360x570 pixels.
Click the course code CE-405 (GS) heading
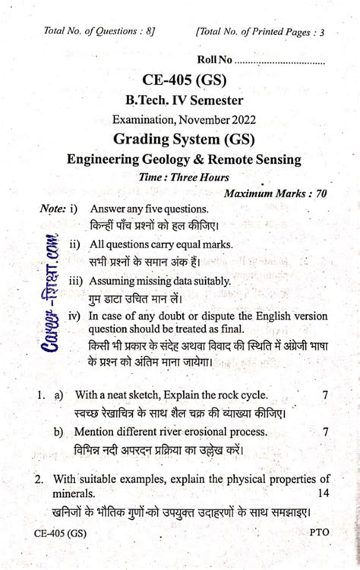tap(185, 80)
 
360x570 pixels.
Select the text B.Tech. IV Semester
tap(185, 100)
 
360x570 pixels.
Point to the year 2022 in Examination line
tap(241, 119)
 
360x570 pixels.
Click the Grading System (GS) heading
tap(184, 139)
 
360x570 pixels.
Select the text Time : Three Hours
tap(185, 177)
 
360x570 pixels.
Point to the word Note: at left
tap(52, 208)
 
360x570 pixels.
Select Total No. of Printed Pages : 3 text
tap(261, 32)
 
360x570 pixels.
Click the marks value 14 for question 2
tap(322, 493)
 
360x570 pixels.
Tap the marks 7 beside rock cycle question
tap(325, 395)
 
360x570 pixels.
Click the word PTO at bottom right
tap(319, 533)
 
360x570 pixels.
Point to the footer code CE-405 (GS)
tap(60, 533)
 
